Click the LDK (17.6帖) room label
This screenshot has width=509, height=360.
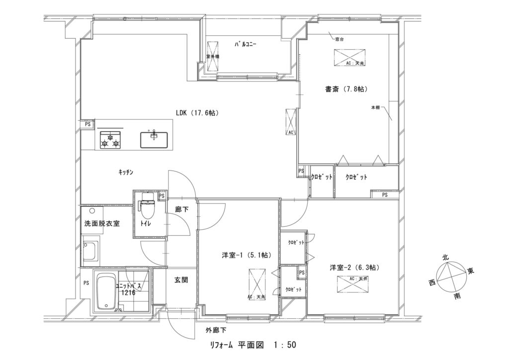coord(197,113)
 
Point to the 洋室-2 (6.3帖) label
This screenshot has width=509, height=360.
coord(354,268)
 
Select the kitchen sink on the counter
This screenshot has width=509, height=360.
coord(154,139)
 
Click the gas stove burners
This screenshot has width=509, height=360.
coord(110,140)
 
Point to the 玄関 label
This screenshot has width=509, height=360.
coord(181,280)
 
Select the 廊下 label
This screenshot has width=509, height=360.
coord(182,210)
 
